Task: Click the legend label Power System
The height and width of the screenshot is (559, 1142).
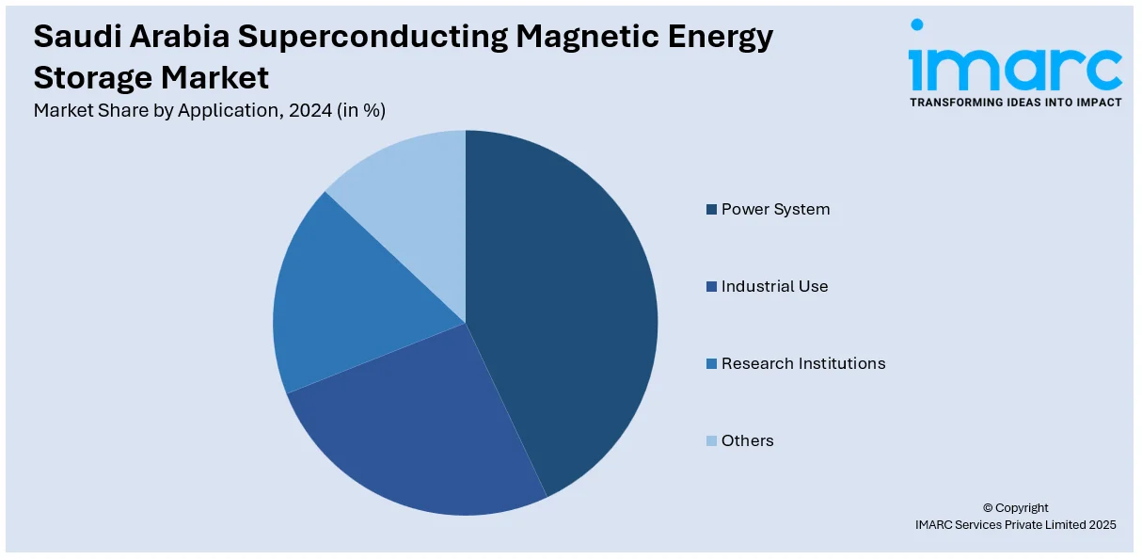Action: click(775, 209)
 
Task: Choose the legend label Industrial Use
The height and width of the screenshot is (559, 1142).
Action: click(774, 286)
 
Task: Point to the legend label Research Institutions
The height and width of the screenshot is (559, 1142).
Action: click(802, 363)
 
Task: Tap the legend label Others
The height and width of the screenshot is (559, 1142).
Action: click(747, 440)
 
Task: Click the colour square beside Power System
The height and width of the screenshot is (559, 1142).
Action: click(712, 209)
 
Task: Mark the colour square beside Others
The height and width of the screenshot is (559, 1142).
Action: click(712, 440)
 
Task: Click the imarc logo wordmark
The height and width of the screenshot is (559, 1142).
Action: click(1015, 68)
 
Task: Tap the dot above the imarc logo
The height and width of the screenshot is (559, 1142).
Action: click(917, 25)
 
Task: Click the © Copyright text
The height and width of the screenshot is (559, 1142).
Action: click(1015, 508)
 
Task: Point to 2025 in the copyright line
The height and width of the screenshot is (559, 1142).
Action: click(1101, 525)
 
